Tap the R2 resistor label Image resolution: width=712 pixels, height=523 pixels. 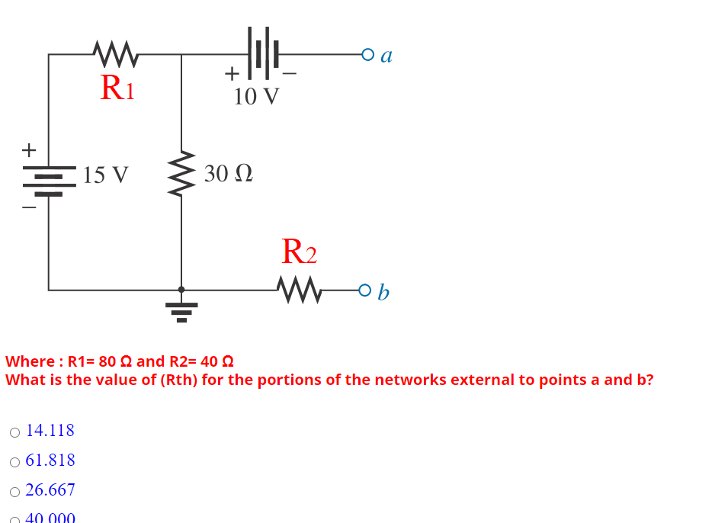(299, 251)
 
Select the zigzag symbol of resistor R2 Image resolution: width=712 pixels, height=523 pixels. (300, 290)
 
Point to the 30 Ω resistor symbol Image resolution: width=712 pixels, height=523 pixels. (181, 173)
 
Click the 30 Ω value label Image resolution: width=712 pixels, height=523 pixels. (228, 174)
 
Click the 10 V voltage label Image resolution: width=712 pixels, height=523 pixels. (256, 97)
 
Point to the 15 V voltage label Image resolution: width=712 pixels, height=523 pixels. (106, 175)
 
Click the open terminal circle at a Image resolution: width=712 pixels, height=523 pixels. (368, 55)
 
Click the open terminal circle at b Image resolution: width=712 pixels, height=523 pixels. (365, 290)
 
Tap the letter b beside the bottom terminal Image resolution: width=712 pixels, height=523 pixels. (383, 291)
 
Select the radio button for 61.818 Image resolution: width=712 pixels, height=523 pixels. (15, 462)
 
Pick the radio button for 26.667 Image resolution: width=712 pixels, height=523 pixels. (15, 492)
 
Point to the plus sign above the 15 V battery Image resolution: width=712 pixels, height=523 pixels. (29, 149)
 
